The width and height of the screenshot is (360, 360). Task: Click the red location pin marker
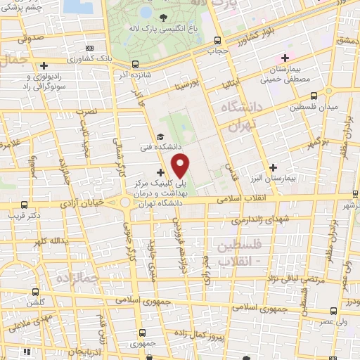click(x=181, y=166)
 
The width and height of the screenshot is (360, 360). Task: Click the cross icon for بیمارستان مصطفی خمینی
click(x=285, y=58)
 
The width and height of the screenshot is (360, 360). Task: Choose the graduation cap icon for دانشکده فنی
click(x=161, y=138)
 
